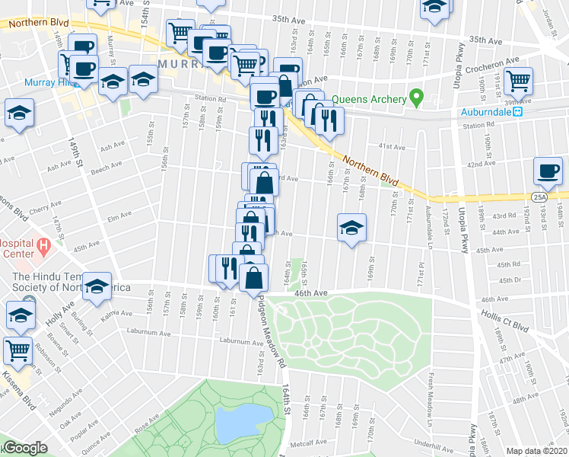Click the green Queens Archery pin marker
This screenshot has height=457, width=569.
click(415, 98)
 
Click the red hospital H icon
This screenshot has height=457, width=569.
click(43, 246)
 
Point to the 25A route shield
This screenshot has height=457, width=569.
click(539, 197)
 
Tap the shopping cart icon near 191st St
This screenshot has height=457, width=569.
click(518, 79)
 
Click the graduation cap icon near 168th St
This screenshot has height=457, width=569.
click(351, 227)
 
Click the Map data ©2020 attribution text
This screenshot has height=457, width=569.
click(537, 451)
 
